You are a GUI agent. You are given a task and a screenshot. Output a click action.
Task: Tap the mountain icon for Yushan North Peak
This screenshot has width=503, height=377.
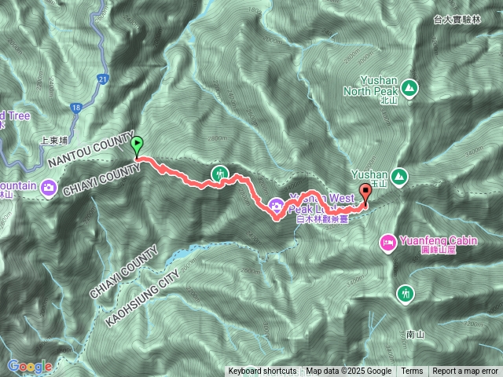tap(408, 87)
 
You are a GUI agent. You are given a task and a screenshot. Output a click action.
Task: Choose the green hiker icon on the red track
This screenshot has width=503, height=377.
tap(220, 173)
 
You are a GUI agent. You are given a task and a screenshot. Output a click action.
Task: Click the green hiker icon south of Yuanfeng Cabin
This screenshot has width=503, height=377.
tap(405, 293)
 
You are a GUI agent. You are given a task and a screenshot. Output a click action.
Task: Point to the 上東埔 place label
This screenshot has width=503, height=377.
tap(55, 142)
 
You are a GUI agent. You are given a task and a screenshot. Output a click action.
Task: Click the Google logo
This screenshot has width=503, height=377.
tap(29, 366)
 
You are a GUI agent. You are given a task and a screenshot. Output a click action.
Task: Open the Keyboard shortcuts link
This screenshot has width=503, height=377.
tap(263, 372)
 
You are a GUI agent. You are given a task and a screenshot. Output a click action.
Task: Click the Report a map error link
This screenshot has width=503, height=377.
tap(464, 372)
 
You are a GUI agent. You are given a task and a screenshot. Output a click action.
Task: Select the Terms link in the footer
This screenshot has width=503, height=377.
tap(412, 372)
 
